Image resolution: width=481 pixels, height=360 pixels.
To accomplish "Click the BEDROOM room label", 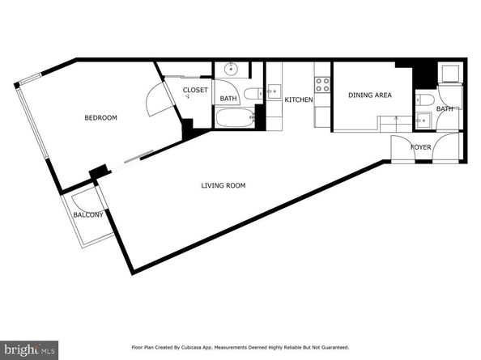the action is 100,117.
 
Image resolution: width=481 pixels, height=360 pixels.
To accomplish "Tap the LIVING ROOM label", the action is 223,185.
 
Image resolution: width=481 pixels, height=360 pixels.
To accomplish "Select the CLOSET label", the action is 195,90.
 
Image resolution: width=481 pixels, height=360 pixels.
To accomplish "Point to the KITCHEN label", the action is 299,100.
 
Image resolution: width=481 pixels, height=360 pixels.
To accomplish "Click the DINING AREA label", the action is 370,95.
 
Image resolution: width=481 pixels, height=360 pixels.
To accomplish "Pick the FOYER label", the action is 421,147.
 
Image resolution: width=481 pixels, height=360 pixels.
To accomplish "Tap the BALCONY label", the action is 88,215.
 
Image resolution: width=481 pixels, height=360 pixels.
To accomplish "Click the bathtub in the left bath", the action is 236,117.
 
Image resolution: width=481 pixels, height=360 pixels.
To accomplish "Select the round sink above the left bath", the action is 231,70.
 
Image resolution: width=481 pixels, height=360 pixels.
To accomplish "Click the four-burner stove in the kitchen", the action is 322,85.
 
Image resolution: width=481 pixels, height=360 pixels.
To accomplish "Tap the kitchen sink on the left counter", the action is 274,91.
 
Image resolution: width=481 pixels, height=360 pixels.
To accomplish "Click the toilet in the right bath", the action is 425,100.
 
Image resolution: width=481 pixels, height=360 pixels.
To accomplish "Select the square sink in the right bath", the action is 424,121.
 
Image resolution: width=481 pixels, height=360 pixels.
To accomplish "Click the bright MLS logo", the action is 29,349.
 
